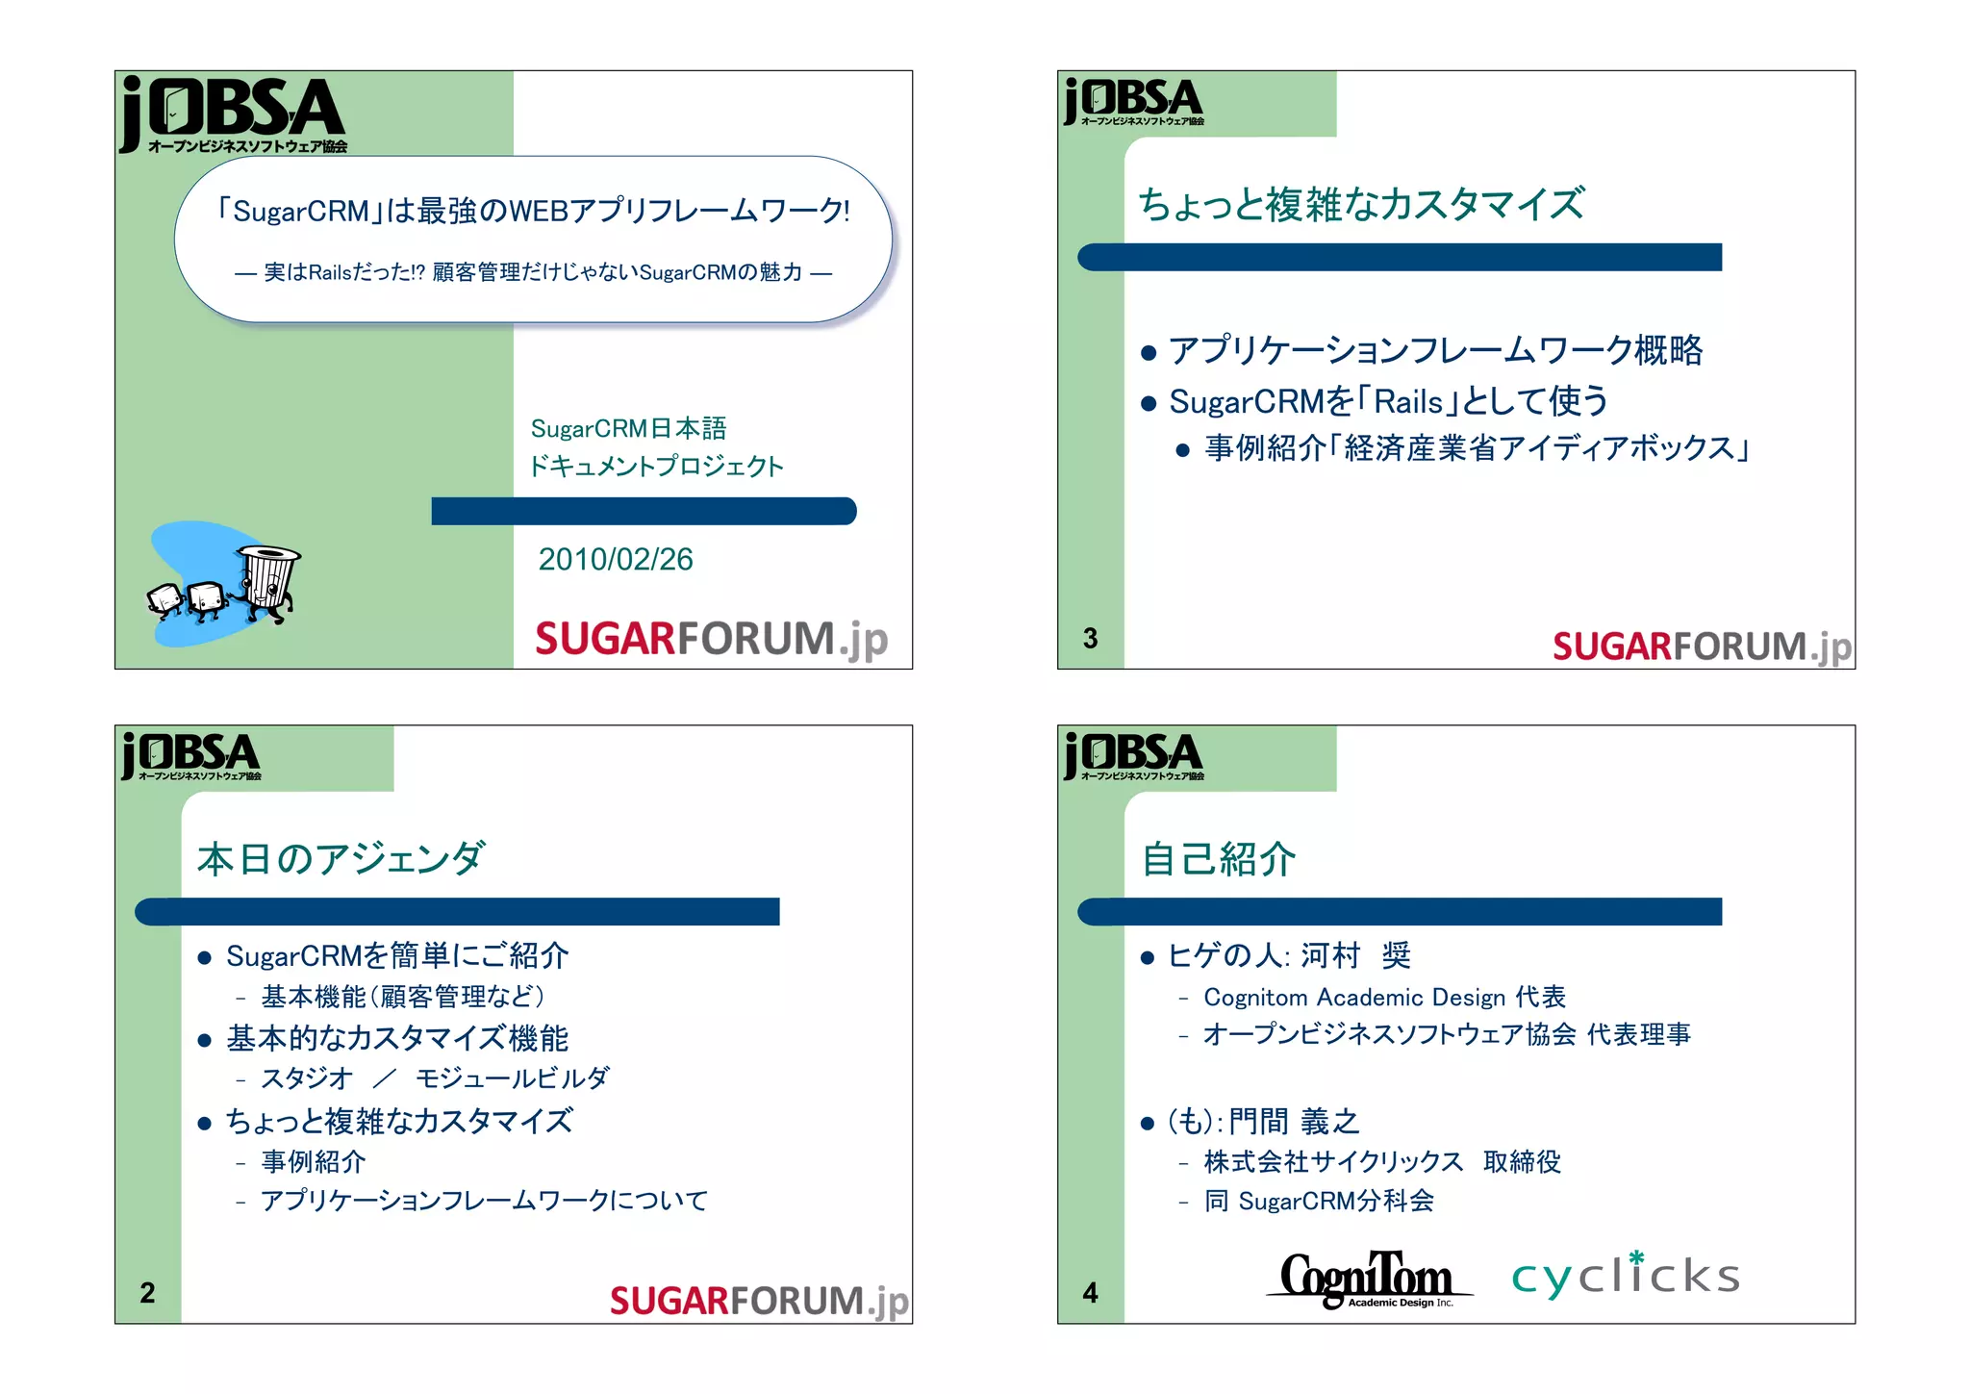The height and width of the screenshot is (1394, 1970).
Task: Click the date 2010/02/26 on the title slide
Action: [x=616, y=559]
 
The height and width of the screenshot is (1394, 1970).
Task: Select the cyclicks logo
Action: [x=1625, y=1276]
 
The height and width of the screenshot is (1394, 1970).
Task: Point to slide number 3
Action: [x=1090, y=638]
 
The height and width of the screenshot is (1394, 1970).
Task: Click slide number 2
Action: [x=147, y=1292]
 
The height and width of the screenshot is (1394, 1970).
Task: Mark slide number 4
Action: [x=1090, y=1292]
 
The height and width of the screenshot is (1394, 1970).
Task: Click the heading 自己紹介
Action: [x=1219, y=859]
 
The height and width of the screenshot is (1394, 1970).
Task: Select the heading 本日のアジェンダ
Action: [x=341, y=858]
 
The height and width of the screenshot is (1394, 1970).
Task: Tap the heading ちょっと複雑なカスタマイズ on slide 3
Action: [x=1361, y=204]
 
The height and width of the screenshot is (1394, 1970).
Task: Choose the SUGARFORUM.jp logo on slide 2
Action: [x=759, y=1301]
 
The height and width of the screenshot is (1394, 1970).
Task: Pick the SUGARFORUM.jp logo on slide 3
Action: [x=1702, y=646]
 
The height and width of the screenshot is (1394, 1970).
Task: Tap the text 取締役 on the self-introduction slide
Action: [x=1522, y=1162]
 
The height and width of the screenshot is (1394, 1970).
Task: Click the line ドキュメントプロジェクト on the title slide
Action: [x=657, y=467]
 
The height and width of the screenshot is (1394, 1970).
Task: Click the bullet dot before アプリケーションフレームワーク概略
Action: [x=1148, y=353]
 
